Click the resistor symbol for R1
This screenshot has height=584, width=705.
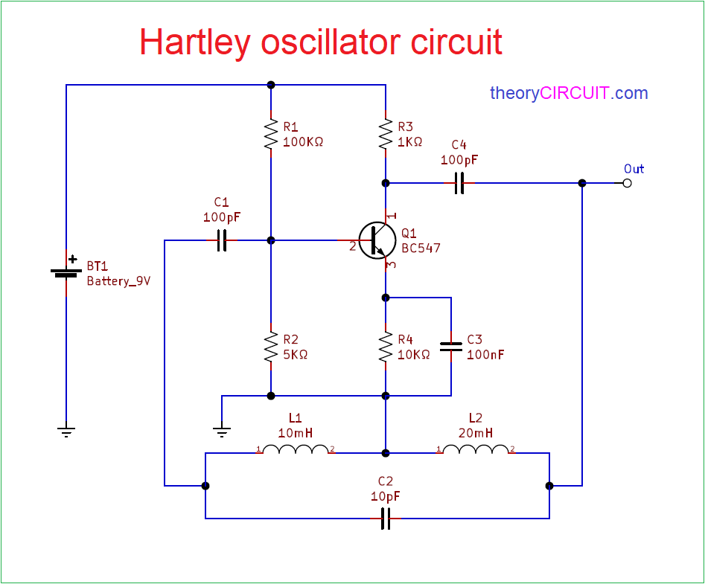pos(270,134)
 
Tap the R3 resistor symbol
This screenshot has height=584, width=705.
pos(386,134)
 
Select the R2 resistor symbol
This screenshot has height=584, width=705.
pos(270,347)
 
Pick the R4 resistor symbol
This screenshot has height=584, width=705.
pos(386,347)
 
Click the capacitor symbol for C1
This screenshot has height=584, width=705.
pos(221,240)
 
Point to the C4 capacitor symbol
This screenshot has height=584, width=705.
pos(459,183)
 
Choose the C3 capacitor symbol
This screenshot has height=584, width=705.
pos(451,347)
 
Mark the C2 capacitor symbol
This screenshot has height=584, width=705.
pos(386,518)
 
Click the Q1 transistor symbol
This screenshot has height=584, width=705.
pos(376,240)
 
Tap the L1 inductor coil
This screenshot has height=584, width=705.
pos(296,450)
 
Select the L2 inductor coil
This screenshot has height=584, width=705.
pos(476,450)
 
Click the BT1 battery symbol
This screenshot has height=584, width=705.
pos(66,273)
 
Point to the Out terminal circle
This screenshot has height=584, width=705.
pos(627,183)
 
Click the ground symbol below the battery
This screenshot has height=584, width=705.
pos(66,431)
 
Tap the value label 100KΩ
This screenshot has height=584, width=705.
pos(303,141)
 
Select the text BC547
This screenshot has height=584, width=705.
pos(421,248)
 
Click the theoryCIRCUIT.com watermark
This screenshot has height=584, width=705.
pos(569,93)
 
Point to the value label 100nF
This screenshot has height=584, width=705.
pos(485,355)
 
